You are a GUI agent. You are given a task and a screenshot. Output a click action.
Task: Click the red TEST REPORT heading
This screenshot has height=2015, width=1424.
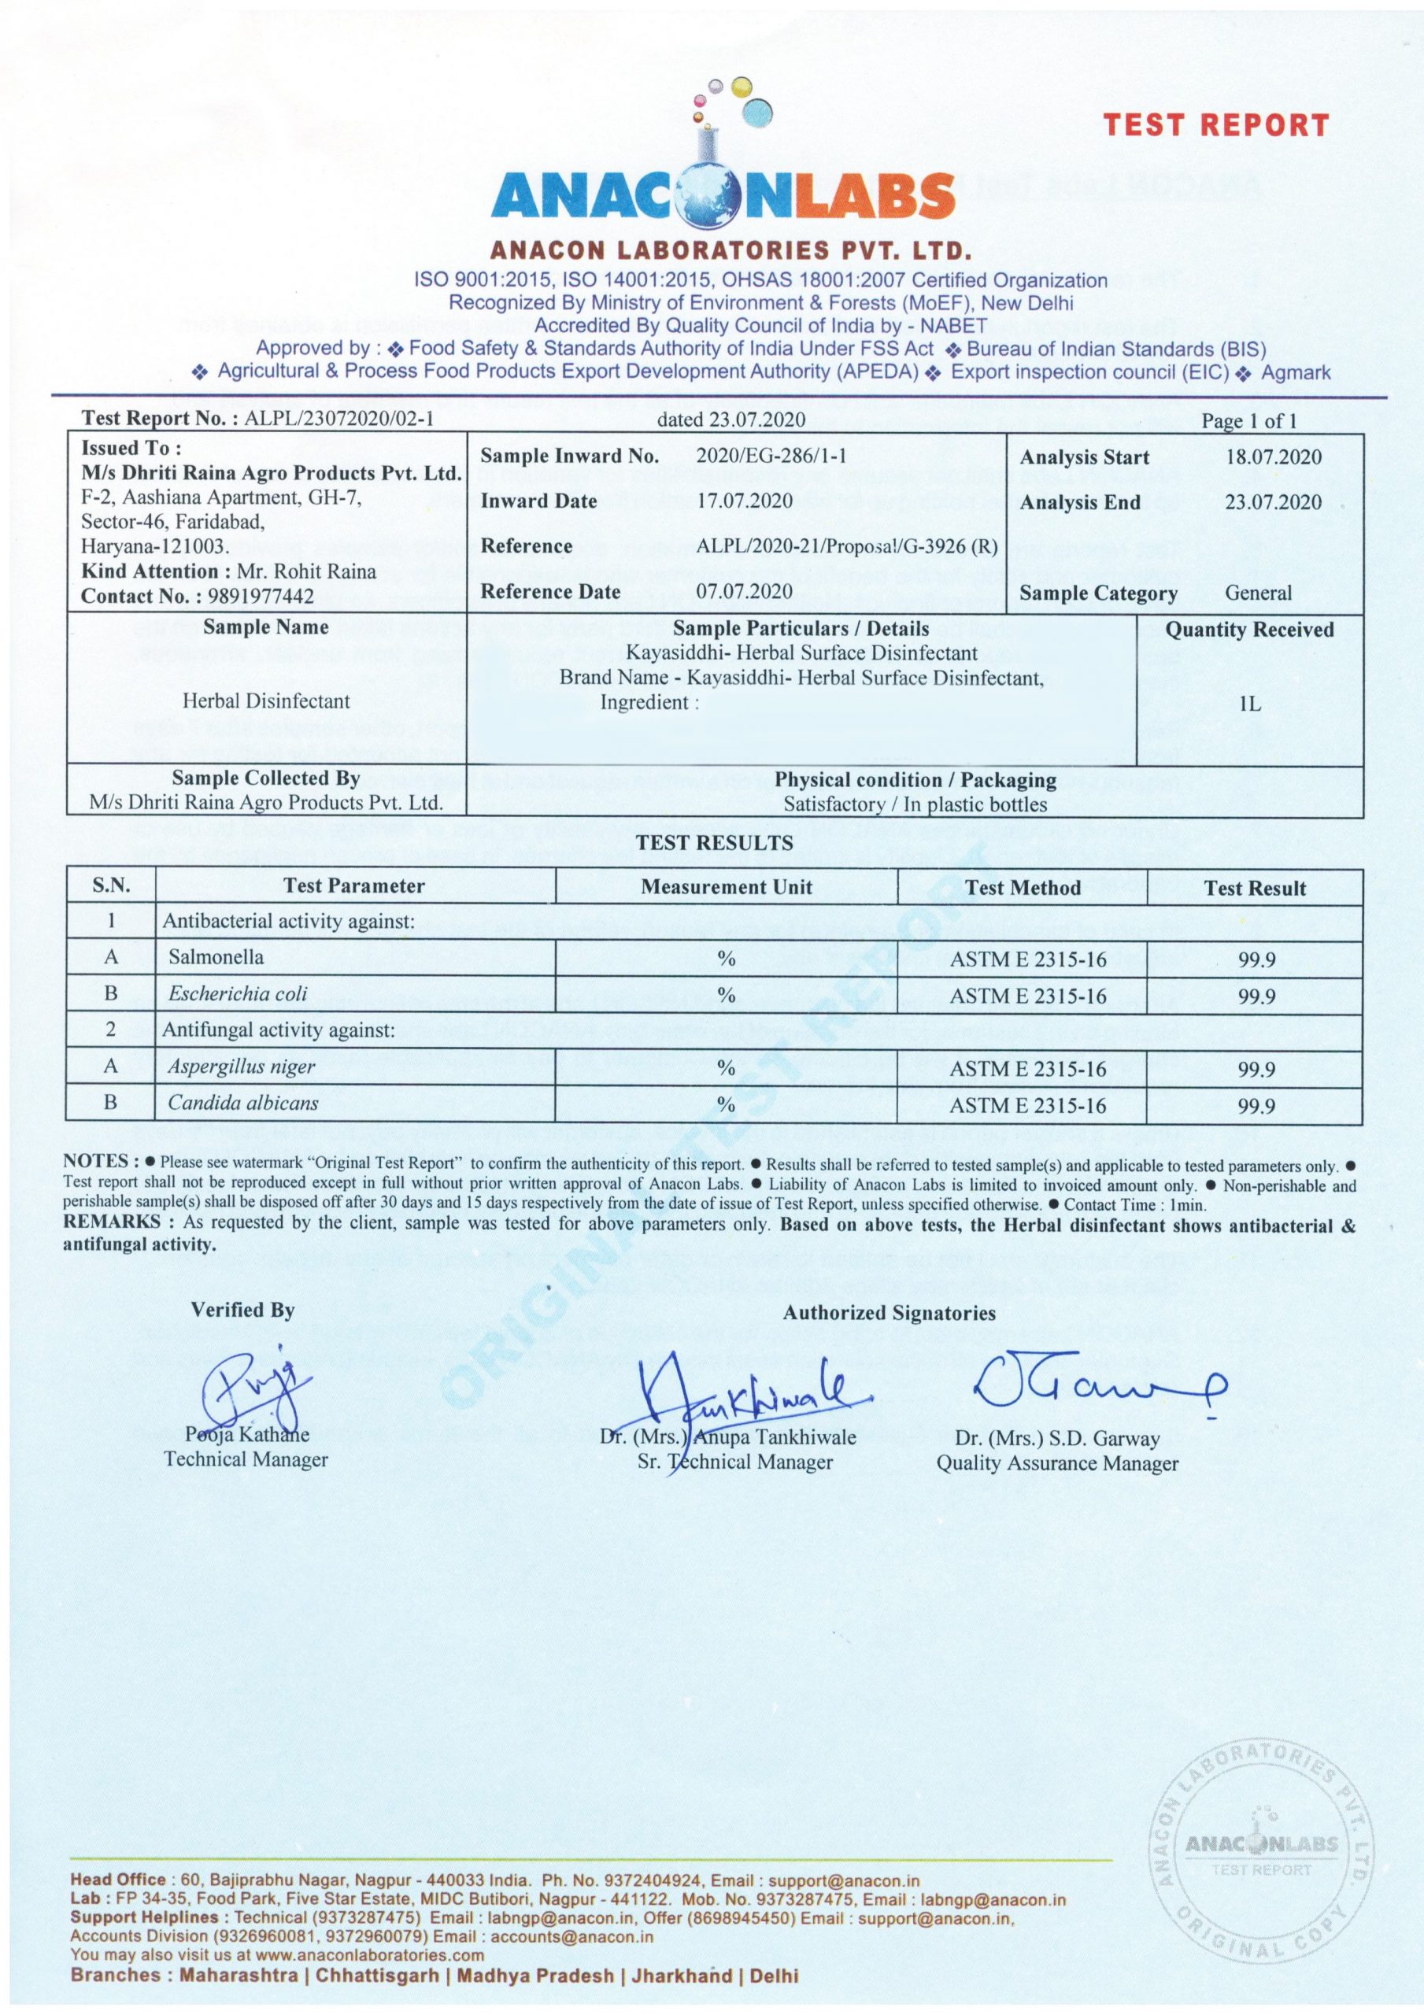(1216, 125)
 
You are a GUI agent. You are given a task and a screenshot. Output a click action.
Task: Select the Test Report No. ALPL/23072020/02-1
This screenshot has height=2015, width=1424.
(339, 419)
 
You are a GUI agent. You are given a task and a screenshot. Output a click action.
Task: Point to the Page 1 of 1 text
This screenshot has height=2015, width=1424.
(1248, 421)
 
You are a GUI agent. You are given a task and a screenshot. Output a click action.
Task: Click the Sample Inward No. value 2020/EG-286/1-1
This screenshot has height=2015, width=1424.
(771, 456)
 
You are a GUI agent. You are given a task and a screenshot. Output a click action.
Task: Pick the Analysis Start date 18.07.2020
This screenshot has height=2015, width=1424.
(1273, 457)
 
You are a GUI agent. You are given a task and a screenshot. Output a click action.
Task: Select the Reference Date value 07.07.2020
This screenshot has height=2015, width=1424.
(745, 591)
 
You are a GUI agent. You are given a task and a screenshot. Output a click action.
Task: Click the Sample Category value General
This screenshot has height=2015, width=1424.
(1258, 593)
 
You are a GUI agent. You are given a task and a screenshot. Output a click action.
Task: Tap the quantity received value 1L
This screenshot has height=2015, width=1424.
(1249, 704)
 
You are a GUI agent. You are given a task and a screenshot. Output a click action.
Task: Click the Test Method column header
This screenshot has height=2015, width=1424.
(1022, 887)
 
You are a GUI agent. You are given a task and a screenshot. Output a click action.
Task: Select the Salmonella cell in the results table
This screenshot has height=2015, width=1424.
(216, 957)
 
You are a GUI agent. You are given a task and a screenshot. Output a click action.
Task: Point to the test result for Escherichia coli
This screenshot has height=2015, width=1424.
(1256, 996)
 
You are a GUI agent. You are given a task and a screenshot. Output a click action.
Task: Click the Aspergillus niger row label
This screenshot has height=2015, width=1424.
(242, 1067)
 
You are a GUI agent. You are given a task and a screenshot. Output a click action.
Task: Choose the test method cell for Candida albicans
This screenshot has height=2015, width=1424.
(1027, 1106)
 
